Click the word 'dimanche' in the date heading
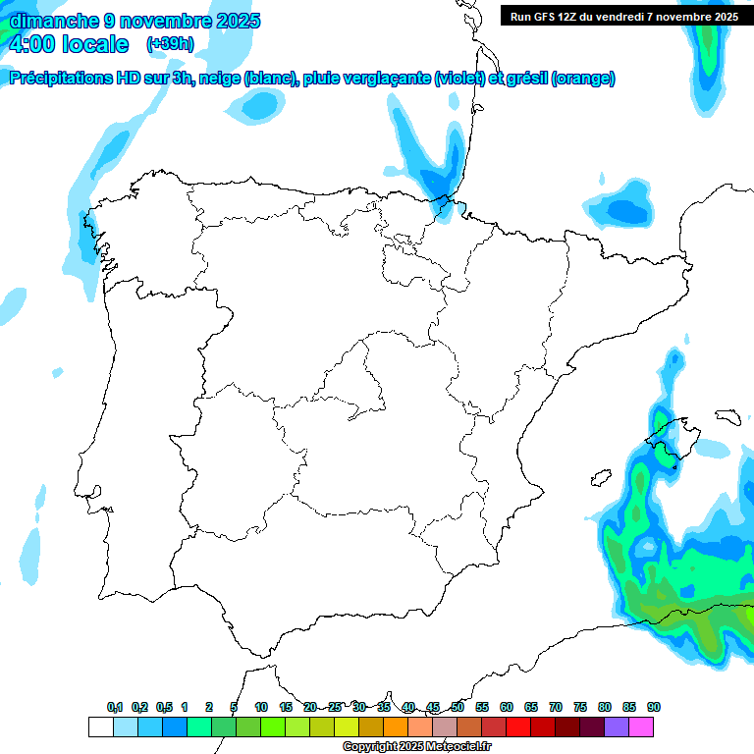pos(50,21)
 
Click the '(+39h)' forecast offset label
pos(170,43)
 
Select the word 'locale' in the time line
pos(95,44)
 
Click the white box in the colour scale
pos(100,727)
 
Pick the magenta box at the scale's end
pos(641,727)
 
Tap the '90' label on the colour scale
pos(654,707)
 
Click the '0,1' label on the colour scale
pos(114,707)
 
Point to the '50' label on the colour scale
pos(458,707)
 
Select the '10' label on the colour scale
pos(261,707)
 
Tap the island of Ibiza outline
pos(602,478)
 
